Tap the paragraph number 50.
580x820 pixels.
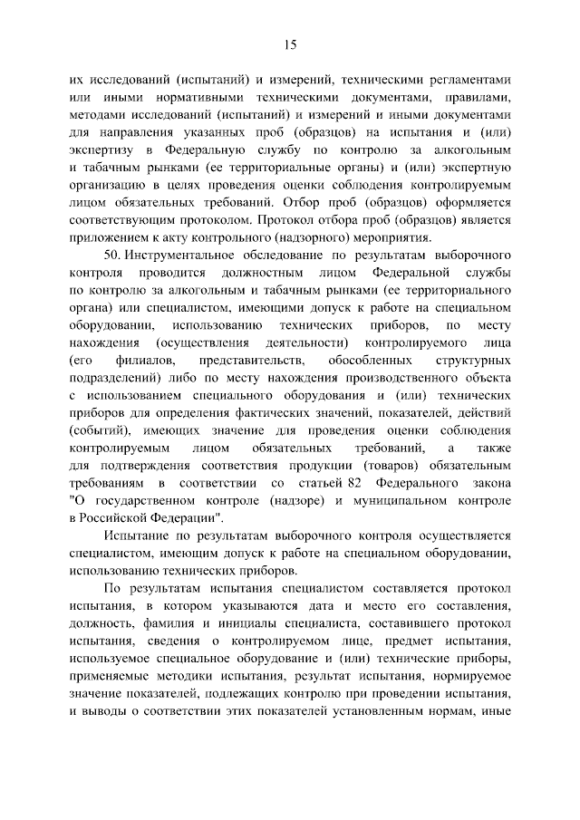click(112, 256)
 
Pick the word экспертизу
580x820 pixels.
click(101, 149)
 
